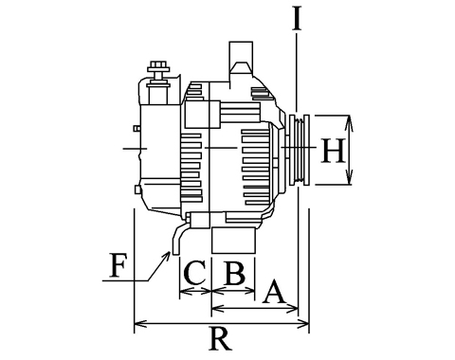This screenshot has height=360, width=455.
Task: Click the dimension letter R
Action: point(221,338)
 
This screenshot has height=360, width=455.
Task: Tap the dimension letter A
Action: point(274,291)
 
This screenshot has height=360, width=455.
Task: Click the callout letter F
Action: point(118,265)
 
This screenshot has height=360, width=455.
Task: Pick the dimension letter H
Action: point(333,151)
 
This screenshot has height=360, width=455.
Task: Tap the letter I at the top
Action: point(297,18)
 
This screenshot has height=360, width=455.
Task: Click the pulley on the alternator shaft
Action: point(300,150)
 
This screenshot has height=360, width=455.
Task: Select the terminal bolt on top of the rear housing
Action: point(158,75)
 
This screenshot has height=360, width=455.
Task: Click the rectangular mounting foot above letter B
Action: point(233,240)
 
